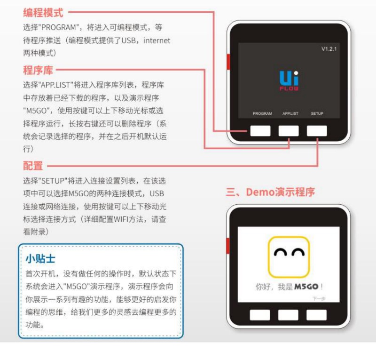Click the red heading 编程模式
tap(43, 13)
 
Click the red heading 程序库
tap(38, 70)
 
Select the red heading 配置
tap(33, 166)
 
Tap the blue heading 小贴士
tap(40, 259)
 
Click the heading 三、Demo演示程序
tap(270, 192)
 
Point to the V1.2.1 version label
tap(329, 49)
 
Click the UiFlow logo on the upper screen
tap(289, 80)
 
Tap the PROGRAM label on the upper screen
tap(262, 113)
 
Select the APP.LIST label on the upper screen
tap(290, 113)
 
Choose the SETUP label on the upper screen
tap(317, 113)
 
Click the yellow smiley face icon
tap(289, 257)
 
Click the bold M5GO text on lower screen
tap(306, 287)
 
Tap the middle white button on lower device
tap(288, 315)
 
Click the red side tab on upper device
tap(228, 62)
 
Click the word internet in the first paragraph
tap(157, 40)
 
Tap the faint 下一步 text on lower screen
tap(319, 298)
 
